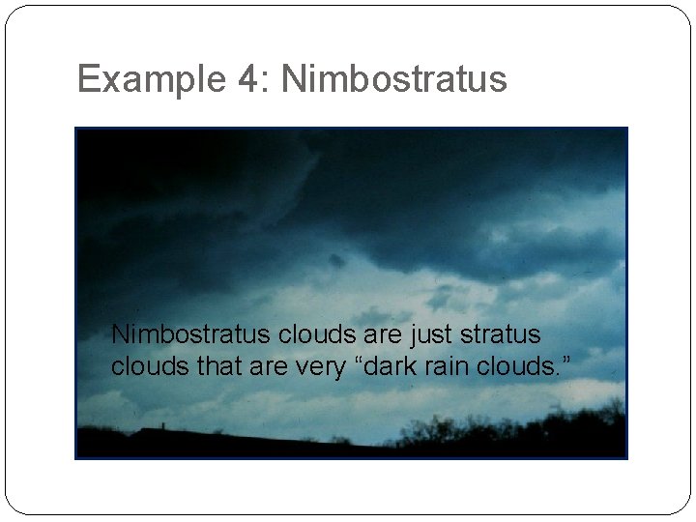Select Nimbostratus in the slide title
(x=393, y=79)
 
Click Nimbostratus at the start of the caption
(x=191, y=334)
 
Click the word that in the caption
(x=200, y=367)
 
